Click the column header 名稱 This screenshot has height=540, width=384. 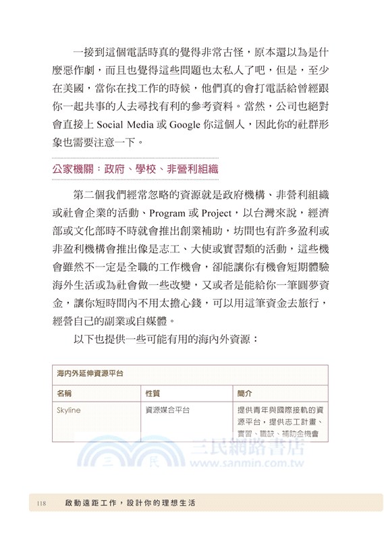pos(64,392)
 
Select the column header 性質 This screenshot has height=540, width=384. pos(153,392)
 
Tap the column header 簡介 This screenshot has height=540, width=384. pos(244,392)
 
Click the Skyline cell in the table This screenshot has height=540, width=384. pos(68,410)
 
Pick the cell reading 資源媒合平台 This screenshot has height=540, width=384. pos(167,410)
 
